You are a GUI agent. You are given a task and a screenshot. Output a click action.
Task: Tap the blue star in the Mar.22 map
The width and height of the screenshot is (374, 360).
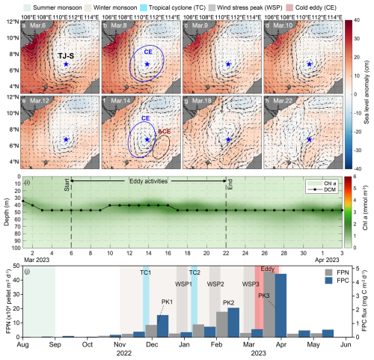click(310, 140)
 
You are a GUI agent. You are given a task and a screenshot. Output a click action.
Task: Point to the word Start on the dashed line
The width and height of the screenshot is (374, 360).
click(67, 185)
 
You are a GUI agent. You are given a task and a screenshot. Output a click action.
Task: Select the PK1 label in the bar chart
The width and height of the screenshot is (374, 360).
click(167, 302)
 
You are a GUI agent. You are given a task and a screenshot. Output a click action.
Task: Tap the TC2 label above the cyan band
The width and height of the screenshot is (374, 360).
click(194, 272)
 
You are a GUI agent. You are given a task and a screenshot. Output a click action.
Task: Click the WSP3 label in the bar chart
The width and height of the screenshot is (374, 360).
click(251, 284)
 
